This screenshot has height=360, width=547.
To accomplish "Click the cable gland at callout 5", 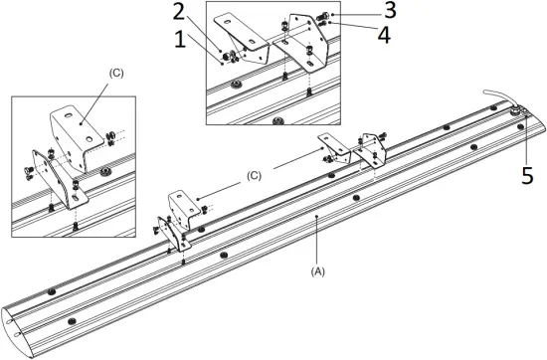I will tap(516, 114).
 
